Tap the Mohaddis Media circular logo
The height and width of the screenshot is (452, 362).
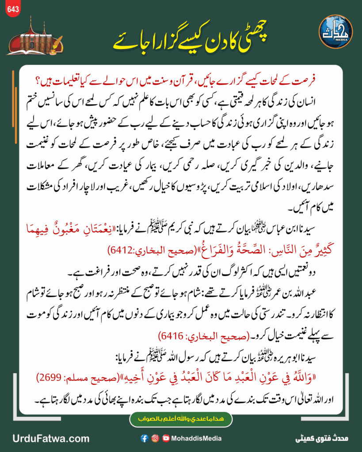pyautogui.click(x=335, y=32)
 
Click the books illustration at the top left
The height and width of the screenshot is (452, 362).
pyautogui.click(x=33, y=38)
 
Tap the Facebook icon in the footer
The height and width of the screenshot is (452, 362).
pyautogui.click(x=144, y=438)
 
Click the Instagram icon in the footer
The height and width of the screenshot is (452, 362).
pyautogui.click(x=155, y=438)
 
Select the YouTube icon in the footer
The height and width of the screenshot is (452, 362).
pyautogui.click(x=166, y=438)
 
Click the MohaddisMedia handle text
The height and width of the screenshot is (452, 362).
pyautogui.click(x=196, y=438)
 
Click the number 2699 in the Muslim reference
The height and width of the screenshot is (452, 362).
pyautogui.click(x=48, y=378)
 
